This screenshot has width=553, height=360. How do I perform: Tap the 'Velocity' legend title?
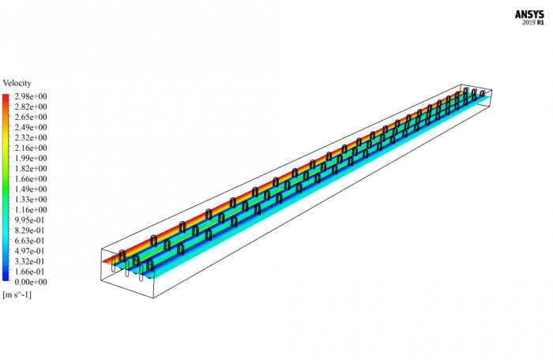point(17,83)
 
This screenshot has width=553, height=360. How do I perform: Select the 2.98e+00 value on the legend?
point(29,96)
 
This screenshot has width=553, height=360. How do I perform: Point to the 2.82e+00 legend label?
point(29,107)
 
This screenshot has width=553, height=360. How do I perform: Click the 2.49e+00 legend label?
point(29,127)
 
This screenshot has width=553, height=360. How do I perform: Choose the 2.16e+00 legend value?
point(29,148)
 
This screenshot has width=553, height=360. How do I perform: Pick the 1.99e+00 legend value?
point(29,158)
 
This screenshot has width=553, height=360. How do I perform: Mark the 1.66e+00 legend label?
point(29,178)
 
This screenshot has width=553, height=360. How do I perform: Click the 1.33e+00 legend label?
point(29,199)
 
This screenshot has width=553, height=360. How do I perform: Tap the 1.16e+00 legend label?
point(29,209)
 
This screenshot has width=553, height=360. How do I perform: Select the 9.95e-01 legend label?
point(29,219)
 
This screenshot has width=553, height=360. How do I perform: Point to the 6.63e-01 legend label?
point(29,240)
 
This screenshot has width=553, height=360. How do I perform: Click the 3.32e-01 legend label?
point(29,261)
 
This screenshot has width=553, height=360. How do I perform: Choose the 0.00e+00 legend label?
point(29,281)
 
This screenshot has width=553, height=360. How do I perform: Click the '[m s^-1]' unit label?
point(17,294)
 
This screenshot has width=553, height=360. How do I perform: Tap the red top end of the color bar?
point(6,97)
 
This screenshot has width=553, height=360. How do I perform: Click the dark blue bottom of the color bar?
point(6,278)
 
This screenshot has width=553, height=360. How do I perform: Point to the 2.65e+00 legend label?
point(29,117)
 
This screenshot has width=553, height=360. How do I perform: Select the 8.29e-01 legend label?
point(29,230)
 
